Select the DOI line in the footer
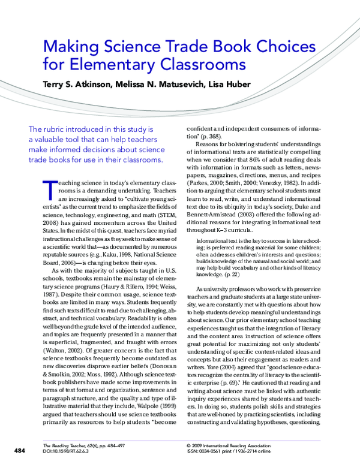70,453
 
